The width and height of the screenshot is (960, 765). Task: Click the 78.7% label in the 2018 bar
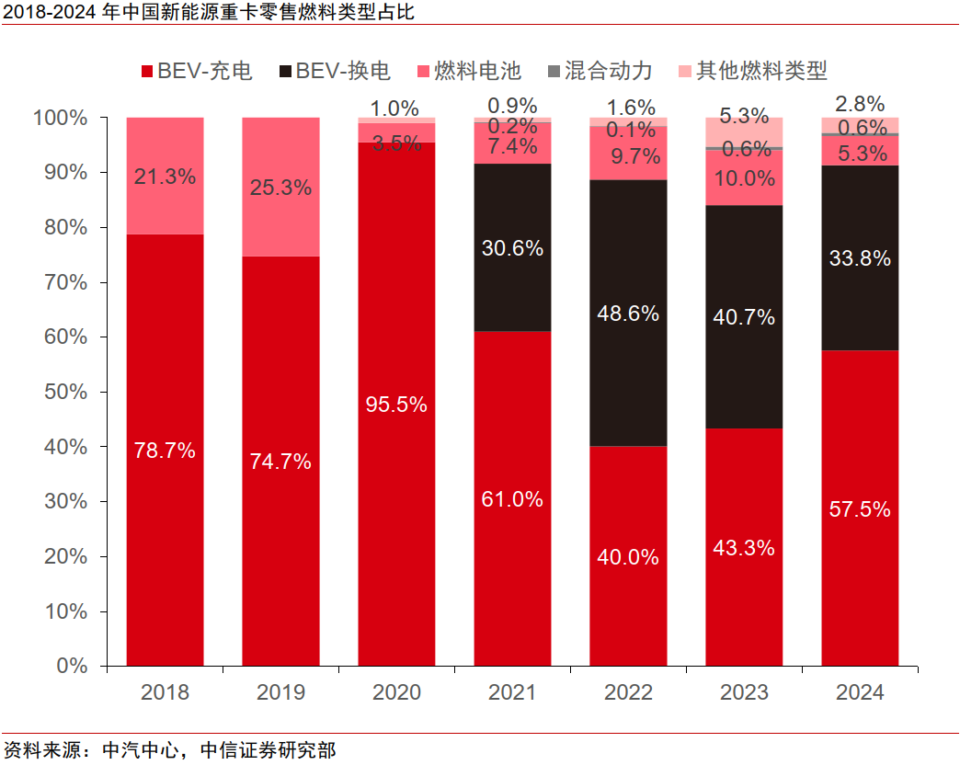click(x=165, y=451)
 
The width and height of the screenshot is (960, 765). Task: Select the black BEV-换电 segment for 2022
click(x=628, y=314)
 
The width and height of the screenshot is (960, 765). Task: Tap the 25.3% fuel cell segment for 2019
click(x=280, y=188)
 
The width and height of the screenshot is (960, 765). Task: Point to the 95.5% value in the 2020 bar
click(x=396, y=405)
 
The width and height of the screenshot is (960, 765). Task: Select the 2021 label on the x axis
click(x=512, y=692)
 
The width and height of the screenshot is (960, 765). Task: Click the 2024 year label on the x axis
click(x=860, y=692)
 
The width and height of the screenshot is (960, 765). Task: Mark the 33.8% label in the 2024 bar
click(x=860, y=258)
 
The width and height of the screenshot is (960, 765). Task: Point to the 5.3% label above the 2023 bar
click(x=744, y=116)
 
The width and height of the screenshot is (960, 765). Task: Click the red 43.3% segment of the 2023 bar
click(x=744, y=548)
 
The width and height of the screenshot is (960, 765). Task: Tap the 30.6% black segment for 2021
click(x=512, y=247)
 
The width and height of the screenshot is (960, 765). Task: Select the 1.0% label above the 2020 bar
click(x=396, y=108)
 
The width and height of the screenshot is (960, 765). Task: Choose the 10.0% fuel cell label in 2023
click(x=744, y=178)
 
